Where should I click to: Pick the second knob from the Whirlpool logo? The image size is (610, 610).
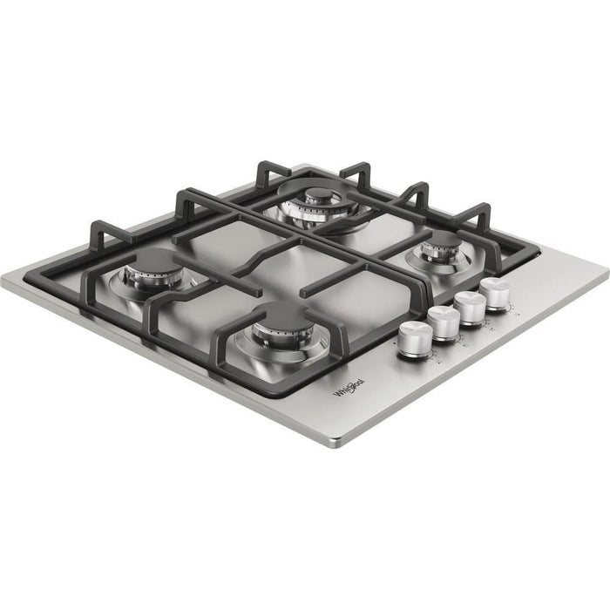pyautogui.click(x=443, y=322)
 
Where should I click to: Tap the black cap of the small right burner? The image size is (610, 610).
pyautogui.click(x=442, y=241)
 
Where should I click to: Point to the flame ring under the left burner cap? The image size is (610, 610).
pyautogui.click(x=155, y=277)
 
